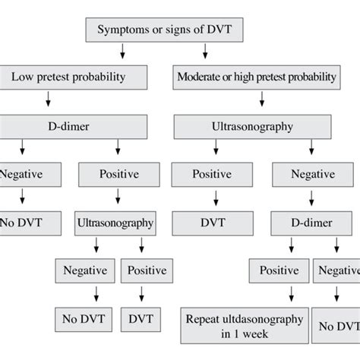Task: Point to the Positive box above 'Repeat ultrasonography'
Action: point(279,270)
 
